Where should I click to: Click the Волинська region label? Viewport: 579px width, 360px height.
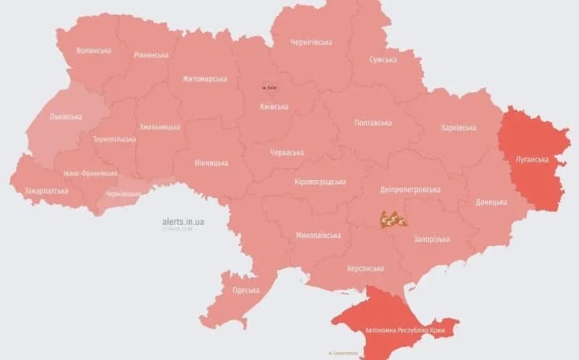click(93, 51)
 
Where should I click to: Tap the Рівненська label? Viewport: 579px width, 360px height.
click(151, 55)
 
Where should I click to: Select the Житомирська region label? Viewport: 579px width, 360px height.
click(204, 79)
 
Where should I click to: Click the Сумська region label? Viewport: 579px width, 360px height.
click(383, 59)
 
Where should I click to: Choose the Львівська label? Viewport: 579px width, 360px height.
click(66, 117)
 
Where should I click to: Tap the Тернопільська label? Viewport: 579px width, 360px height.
click(115, 139)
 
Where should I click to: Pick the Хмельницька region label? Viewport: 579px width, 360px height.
click(161, 127)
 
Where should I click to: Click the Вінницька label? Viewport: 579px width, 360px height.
click(211, 163)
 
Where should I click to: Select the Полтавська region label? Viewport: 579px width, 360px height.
click(373, 123)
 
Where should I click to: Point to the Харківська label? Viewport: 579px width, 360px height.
click(458, 128)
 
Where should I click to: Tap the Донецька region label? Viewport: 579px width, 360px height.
click(491, 202)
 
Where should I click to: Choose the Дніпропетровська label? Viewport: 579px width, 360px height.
click(410, 190)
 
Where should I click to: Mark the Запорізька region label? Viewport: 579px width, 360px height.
click(431, 239)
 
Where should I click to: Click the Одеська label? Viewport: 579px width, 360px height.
click(245, 290)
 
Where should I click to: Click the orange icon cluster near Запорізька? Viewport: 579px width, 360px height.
click(393, 219)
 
